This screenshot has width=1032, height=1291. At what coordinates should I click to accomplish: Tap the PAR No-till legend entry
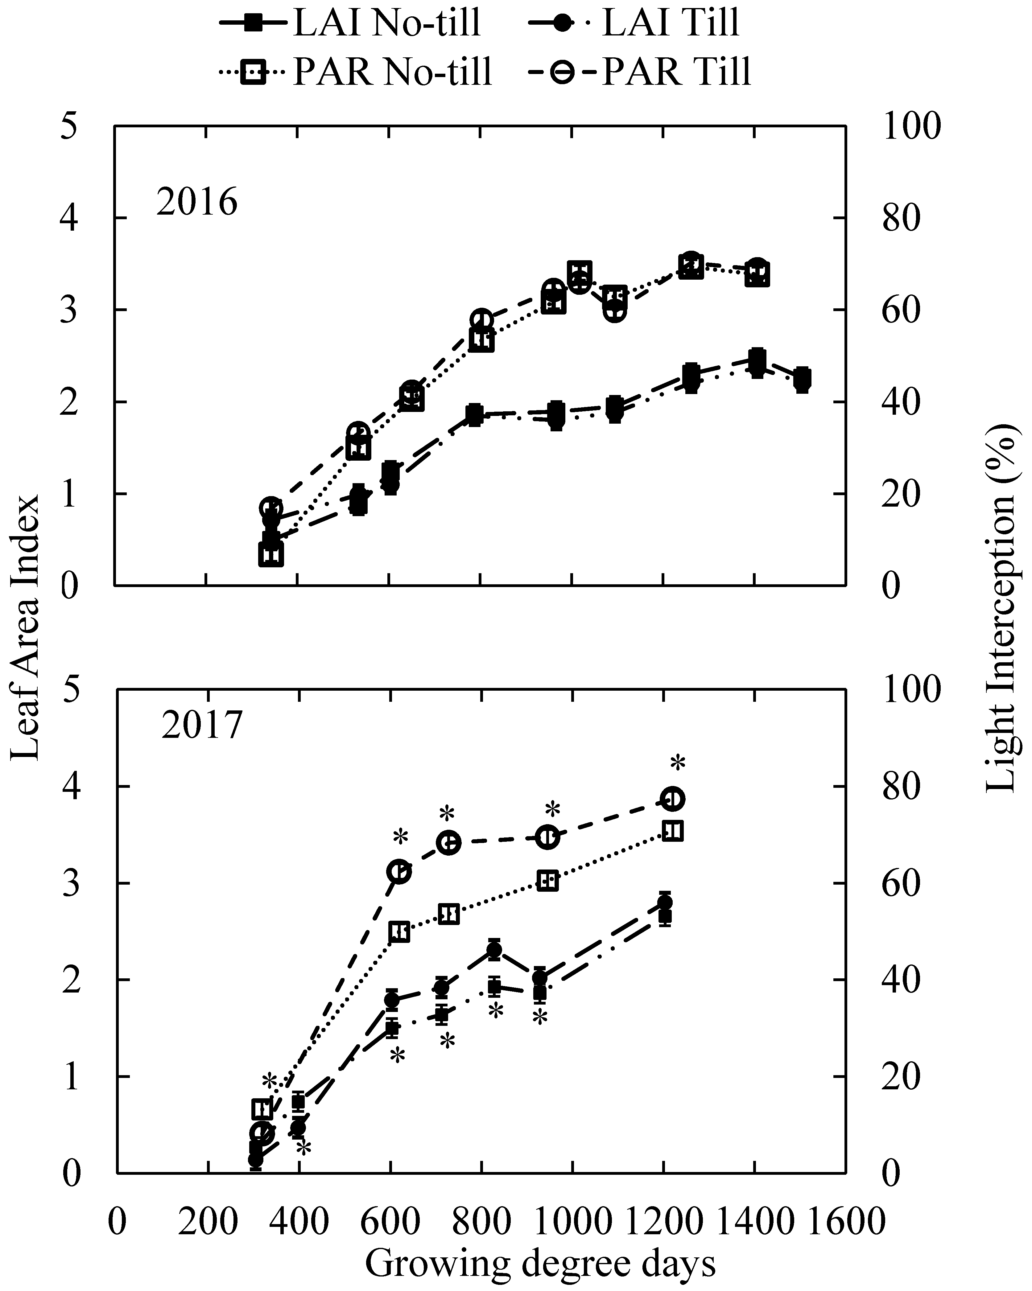356,72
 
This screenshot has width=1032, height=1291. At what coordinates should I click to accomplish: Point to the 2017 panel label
201,726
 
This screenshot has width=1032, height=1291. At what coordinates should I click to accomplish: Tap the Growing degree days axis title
540,1264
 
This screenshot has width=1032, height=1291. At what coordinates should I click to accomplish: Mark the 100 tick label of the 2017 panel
912,689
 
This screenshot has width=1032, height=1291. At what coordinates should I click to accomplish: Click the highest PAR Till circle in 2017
673,799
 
